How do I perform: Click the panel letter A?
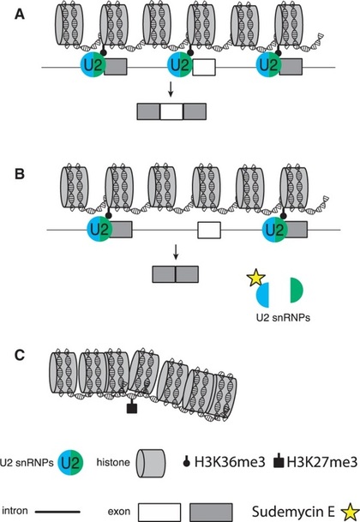point(20,15)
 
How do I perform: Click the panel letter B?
point(20,174)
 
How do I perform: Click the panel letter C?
point(20,355)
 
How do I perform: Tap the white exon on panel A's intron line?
point(204,67)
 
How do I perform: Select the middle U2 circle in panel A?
point(180,65)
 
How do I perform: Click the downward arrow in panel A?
point(171,90)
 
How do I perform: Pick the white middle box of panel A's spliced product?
point(171,111)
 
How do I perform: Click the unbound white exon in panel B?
point(209,230)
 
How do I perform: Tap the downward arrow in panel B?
point(176,253)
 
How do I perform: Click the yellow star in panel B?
point(255,279)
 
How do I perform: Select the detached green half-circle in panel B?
point(297,291)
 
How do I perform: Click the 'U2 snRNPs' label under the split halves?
point(283,318)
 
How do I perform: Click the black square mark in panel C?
point(132,408)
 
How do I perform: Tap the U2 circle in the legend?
point(70,462)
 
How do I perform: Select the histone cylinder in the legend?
point(151,463)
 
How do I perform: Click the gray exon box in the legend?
point(211,512)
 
